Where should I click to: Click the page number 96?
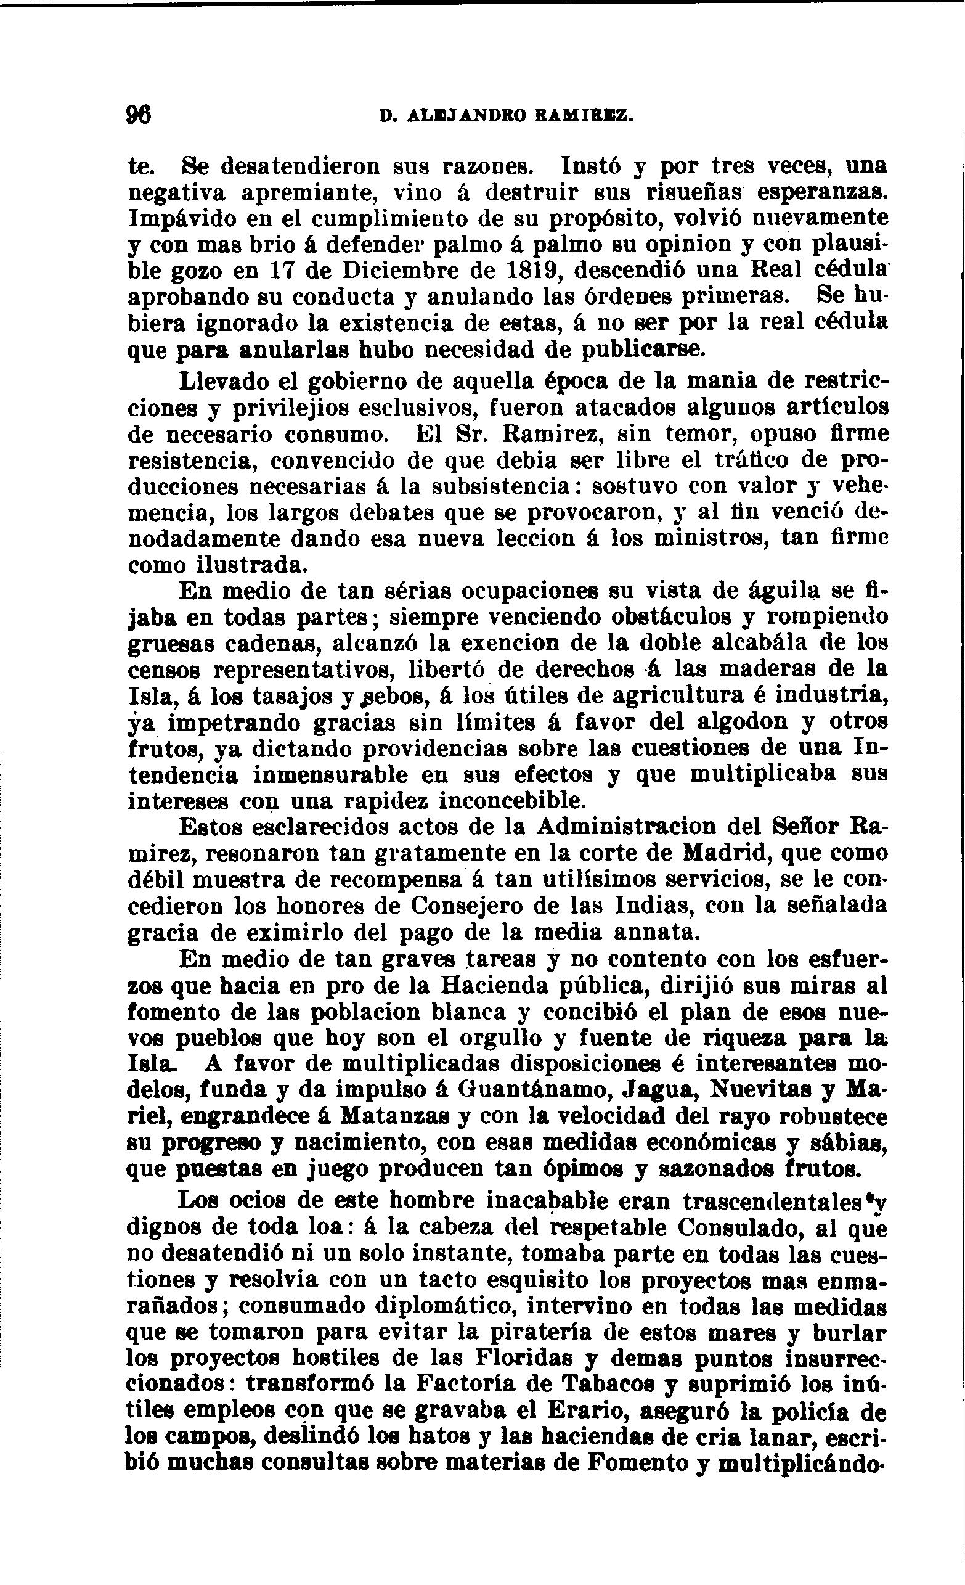(x=139, y=116)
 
